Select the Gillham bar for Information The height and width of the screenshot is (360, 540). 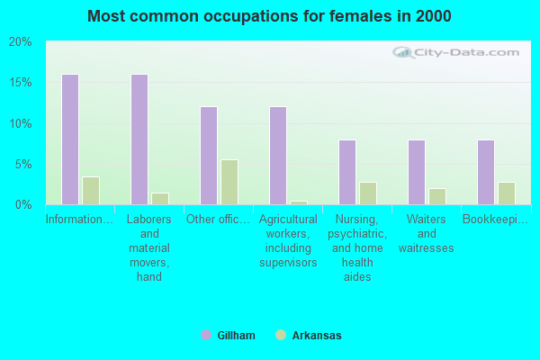click(x=69, y=139)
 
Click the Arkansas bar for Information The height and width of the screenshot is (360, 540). click(x=91, y=191)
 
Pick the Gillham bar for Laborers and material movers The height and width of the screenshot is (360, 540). click(x=139, y=139)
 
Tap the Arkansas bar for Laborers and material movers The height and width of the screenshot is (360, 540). click(x=160, y=199)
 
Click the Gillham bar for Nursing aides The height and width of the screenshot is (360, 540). click(x=346, y=172)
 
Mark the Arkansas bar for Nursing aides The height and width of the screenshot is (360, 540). click(x=368, y=193)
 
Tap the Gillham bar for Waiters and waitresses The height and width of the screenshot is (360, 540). click(x=416, y=172)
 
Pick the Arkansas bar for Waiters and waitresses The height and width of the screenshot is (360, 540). click(x=437, y=196)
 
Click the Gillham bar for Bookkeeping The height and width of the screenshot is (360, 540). click(x=485, y=172)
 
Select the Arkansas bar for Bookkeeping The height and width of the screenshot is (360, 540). click(x=507, y=193)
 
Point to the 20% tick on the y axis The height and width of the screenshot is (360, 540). click(x=20, y=42)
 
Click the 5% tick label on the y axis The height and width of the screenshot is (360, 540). click(x=22, y=165)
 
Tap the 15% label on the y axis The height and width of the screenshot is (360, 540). click(x=20, y=83)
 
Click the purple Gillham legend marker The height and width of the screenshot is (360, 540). click(x=206, y=336)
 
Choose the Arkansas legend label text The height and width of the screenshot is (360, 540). click(x=317, y=336)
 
